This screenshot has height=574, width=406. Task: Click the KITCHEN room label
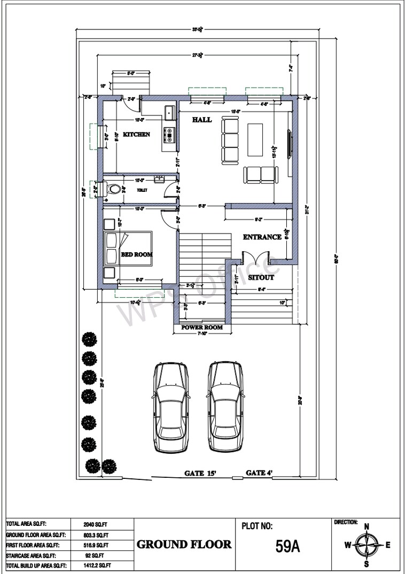[x=136, y=135]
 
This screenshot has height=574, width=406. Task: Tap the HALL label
[x=202, y=120]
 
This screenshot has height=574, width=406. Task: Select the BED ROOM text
[x=136, y=255]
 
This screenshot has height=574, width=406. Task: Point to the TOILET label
[x=142, y=190]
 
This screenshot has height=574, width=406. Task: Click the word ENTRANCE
[x=262, y=237]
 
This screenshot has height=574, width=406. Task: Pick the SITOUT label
[x=262, y=278]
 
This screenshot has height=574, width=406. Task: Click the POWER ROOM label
[x=202, y=328]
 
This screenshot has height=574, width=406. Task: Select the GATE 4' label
[x=259, y=473]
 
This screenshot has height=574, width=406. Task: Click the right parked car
[x=225, y=407]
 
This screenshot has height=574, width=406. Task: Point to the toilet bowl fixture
[x=113, y=189]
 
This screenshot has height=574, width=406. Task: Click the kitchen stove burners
[x=170, y=135]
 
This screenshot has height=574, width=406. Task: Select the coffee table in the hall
[x=255, y=139]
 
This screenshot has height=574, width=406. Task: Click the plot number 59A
[x=288, y=547]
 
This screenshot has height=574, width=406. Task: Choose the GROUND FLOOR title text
[x=184, y=545]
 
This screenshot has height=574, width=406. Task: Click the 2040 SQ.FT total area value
[x=96, y=524]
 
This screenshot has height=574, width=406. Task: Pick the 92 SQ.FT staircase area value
[x=96, y=555]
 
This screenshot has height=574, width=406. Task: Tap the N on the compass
[x=366, y=526]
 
